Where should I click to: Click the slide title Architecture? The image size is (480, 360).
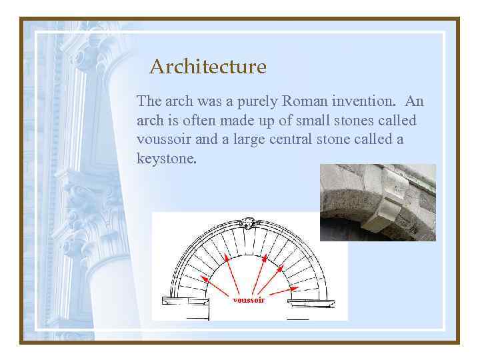[207, 67]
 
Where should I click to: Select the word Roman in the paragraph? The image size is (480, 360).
[304, 101]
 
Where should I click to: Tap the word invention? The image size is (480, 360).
[364, 101]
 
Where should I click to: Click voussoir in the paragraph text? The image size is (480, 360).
[163, 140]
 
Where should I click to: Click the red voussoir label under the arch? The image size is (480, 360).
[248, 300]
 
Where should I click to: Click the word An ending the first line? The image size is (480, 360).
[415, 101]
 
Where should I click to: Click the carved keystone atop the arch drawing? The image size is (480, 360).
[249, 222]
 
